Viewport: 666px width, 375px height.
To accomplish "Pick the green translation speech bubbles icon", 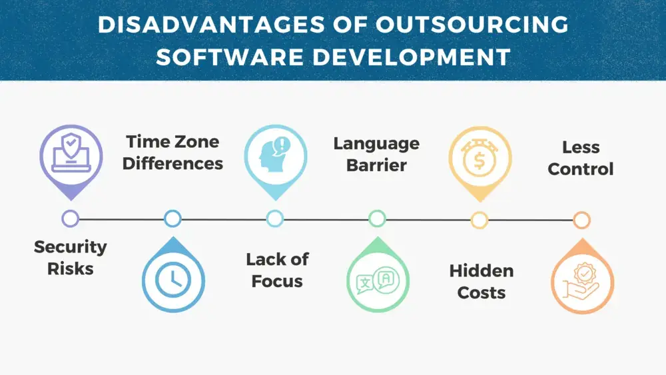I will tap(377, 281).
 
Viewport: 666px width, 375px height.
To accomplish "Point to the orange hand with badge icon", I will tap(581, 282).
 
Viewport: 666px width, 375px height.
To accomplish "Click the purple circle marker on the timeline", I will tap(70, 218).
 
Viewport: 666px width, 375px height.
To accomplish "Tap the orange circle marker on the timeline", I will tap(581, 220).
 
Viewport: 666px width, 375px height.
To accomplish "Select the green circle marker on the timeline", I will tap(377, 218).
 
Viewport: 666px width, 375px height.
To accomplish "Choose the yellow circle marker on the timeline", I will tap(479, 220).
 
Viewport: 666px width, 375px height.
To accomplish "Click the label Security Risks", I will tap(70, 258).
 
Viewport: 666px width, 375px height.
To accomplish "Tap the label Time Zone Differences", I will tap(172, 152).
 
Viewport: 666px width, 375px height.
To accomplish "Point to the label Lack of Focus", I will tap(277, 270).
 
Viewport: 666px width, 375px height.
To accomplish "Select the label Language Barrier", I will tap(376, 154).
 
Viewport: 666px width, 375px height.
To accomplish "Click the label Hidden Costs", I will tap(481, 281).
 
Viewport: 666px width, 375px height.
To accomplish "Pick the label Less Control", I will tap(580, 158).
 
